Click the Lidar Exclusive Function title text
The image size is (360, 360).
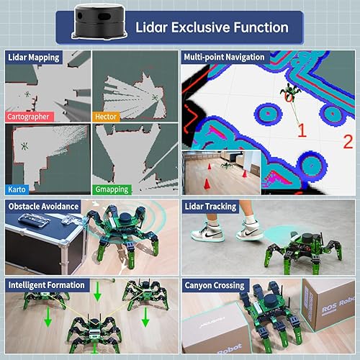(x=212, y=27)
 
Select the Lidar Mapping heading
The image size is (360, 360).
(x=34, y=57)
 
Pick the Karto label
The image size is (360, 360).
(x=17, y=189)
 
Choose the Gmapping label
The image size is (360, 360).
(x=112, y=189)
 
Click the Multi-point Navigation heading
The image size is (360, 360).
(x=225, y=57)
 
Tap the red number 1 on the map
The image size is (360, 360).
(x=302, y=130)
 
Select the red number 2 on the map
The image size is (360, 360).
(x=348, y=141)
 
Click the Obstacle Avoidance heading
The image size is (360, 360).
(x=43, y=207)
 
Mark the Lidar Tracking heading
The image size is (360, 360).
(x=210, y=207)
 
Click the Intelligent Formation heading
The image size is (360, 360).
(x=47, y=284)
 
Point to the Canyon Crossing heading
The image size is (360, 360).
(x=214, y=284)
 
